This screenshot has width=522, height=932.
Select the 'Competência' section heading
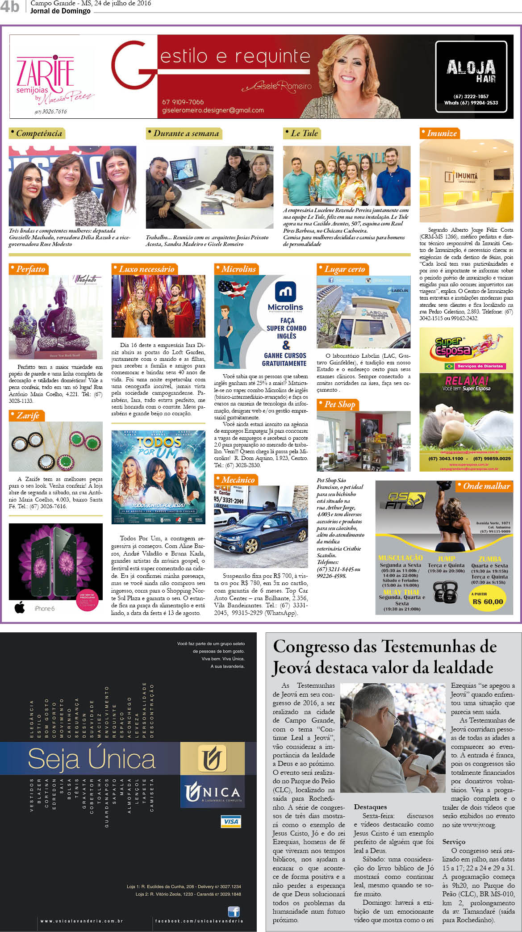[x=38, y=134]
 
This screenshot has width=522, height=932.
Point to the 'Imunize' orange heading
[x=440, y=134]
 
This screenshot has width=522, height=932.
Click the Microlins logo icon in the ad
[x=285, y=292]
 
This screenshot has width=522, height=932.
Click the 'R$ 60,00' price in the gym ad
[x=488, y=602]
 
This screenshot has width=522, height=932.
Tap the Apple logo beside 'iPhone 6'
[x=20, y=608]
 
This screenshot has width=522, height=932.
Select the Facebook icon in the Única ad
[x=234, y=911]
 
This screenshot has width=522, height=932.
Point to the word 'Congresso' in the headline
[x=317, y=647]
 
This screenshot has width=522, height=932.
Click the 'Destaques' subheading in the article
[x=370, y=807]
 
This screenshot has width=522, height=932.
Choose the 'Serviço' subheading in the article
[x=454, y=841]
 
